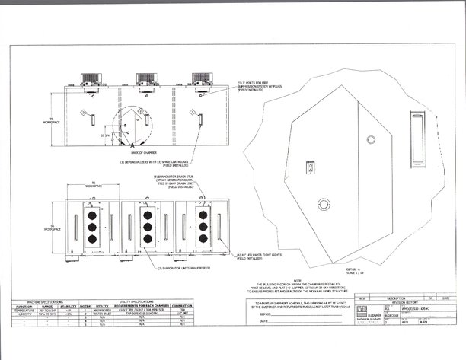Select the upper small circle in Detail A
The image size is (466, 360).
(371, 139)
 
